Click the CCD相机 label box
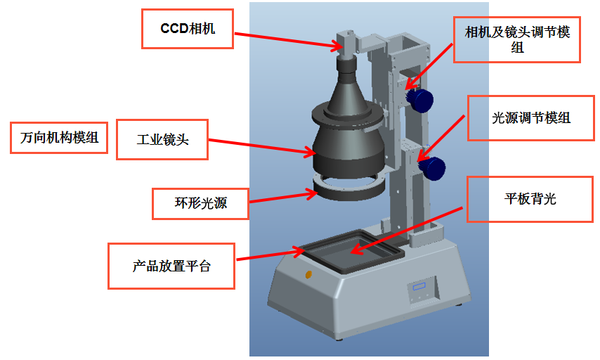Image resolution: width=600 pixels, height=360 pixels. [188, 29]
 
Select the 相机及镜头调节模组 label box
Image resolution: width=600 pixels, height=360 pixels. [518, 39]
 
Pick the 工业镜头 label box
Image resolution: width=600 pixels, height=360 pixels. [162, 139]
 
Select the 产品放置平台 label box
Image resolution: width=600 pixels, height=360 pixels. [171, 266]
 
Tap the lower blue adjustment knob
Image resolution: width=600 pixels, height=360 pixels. [433, 167]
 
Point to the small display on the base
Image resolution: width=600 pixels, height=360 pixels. [419, 288]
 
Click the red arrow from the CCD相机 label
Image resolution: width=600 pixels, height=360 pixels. [288, 39]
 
